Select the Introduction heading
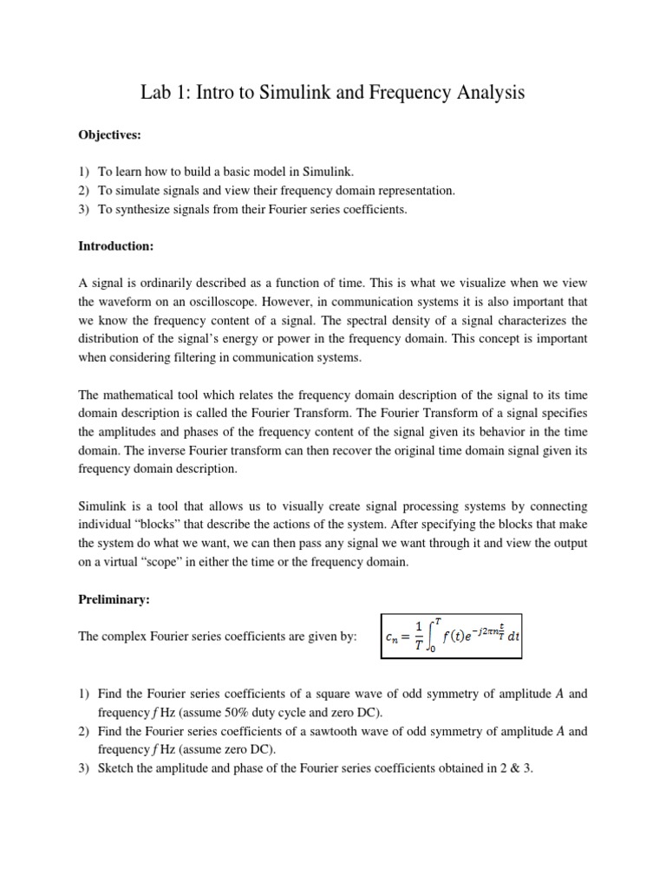(x=115, y=246)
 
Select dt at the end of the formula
(x=514, y=638)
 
